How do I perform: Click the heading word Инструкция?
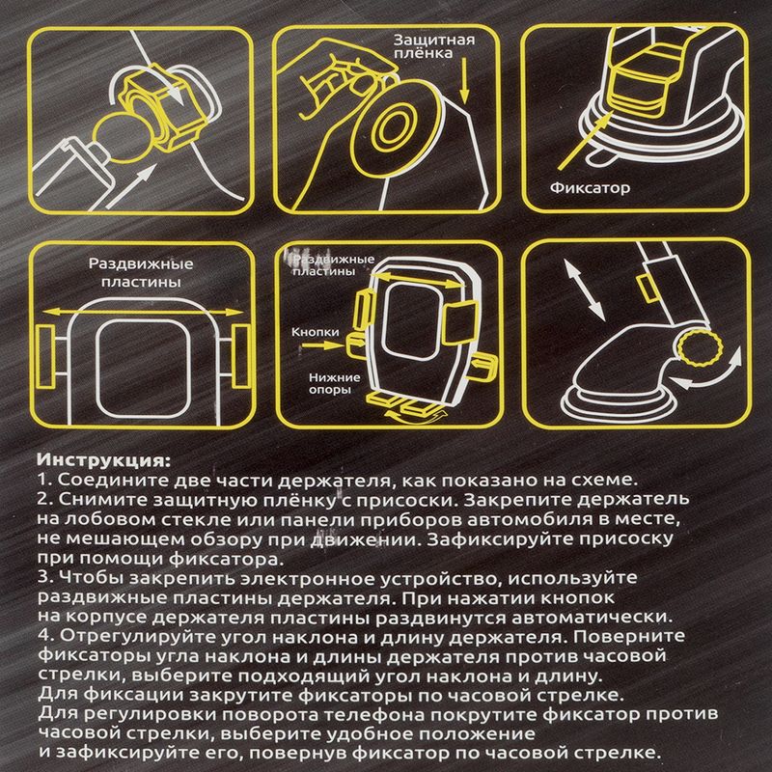(103, 461)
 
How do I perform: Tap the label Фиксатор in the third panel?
(590, 187)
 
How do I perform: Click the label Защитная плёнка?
(434, 46)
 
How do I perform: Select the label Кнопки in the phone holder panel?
(316, 332)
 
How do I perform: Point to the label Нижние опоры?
(334, 383)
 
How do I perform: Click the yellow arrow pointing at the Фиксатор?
(586, 140)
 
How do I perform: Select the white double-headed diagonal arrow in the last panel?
(584, 290)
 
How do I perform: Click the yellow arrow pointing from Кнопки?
(321, 345)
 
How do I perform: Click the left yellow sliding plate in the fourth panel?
(45, 356)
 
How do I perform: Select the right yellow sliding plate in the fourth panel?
(241, 355)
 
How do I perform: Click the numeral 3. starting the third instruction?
(44, 577)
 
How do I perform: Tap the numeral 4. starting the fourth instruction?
(45, 636)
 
